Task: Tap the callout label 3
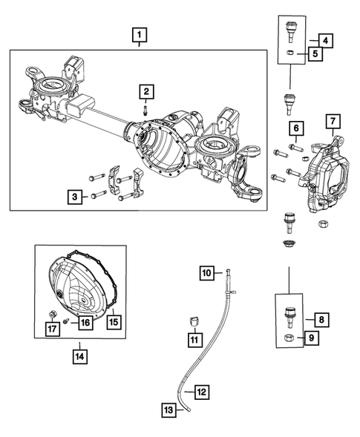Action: pyautogui.click(x=75, y=197)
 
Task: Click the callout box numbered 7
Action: pyautogui.click(x=332, y=121)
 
